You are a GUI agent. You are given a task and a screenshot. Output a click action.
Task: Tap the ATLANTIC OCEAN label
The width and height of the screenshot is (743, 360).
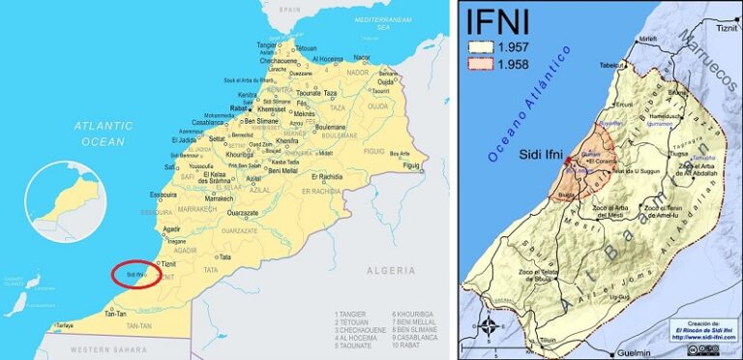tap(104, 134)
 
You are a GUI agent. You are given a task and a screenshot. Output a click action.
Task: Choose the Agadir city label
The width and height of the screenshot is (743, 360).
tap(172, 228)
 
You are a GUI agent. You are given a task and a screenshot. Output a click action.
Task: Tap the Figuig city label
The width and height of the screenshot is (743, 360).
tap(412, 165)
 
